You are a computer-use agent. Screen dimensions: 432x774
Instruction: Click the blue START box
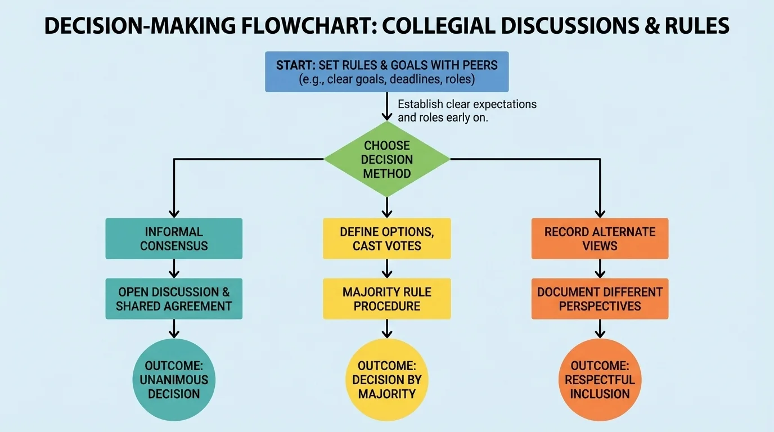click(386, 71)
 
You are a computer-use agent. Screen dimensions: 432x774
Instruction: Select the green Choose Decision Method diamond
click(386, 159)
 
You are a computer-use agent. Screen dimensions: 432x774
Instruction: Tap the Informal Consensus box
click(174, 238)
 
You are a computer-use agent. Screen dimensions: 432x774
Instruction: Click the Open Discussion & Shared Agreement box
click(174, 299)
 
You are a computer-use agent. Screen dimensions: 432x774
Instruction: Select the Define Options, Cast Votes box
click(386, 238)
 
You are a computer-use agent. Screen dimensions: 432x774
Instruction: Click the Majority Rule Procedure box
click(386, 299)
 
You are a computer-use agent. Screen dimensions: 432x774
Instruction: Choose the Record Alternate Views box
click(600, 238)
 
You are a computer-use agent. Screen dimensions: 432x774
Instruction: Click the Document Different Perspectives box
click(600, 299)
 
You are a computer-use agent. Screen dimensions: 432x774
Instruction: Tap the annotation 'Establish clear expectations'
click(467, 104)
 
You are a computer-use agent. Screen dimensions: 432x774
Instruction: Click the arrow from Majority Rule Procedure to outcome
click(386, 328)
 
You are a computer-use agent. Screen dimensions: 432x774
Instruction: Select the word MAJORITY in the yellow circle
click(386, 394)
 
